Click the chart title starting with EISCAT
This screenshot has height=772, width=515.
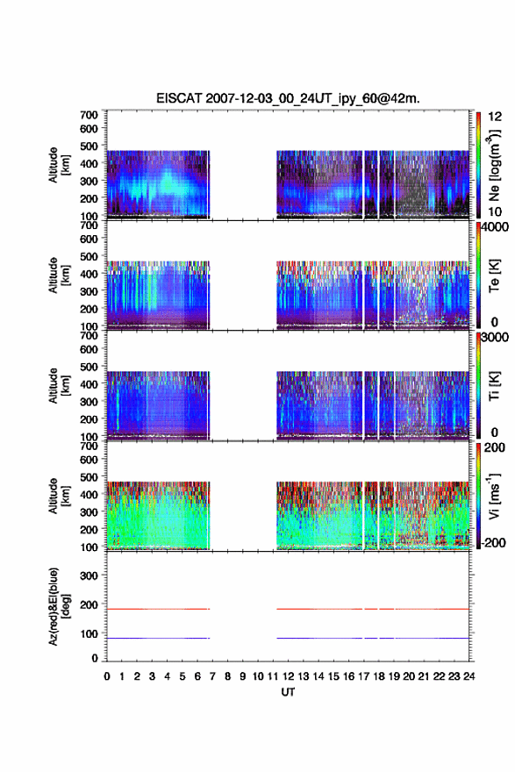(x=288, y=98)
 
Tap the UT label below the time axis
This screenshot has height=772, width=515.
(x=288, y=692)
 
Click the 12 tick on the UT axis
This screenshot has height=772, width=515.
(x=288, y=676)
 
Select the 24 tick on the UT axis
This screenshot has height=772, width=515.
(x=469, y=676)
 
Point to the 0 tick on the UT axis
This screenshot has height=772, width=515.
(x=107, y=676)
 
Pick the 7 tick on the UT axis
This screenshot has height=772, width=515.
(x=212, y=676)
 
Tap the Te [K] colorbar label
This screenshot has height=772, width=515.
(x=494, y=275)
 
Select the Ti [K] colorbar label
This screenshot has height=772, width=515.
(x=494, y=386)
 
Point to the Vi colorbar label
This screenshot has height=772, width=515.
(x=494, y=496)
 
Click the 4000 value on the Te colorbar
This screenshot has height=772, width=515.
(x=495, y=227)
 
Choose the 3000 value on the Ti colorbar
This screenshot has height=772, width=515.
(x=495, y=337)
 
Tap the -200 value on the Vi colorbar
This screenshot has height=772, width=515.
(x=492, y=542)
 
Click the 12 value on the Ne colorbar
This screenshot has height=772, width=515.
(x=495, y=117)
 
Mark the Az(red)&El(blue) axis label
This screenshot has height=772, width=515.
(x=58, y=606)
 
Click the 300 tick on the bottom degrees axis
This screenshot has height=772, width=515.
(x=89, y=575)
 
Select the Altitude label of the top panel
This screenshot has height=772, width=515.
(x=58, y=165)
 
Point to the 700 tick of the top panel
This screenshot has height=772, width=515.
(x=89, y=115)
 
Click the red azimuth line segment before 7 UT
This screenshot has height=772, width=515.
(x=158, y=609)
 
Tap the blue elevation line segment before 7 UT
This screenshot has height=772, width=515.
(x=158, y=638)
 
